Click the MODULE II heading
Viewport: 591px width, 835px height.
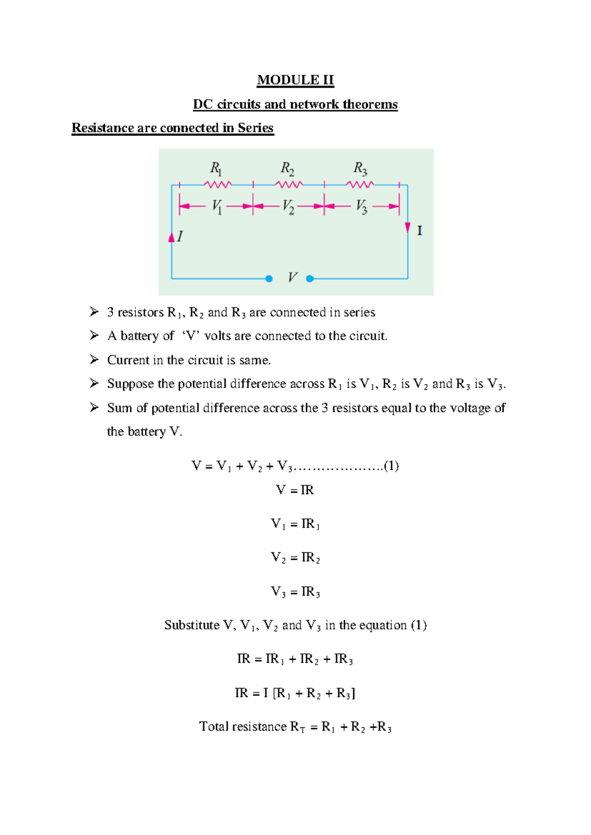click(295, 80)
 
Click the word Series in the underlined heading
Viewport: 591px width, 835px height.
click(255, 128)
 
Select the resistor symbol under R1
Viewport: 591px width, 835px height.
click(217, 185)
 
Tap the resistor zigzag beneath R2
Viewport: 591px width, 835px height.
click(289, 185)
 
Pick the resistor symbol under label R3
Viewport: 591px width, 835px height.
click(360, 185)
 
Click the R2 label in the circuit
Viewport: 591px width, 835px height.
click(288, 169)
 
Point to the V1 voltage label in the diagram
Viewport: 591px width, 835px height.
click(217, 206)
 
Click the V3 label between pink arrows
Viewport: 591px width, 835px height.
click(361, 206)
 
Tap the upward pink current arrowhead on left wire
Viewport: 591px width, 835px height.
click(171, 238)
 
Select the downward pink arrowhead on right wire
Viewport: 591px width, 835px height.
click(408, 227)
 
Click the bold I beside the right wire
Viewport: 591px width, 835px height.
click(420, 231)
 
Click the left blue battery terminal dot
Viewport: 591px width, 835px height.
click(269, 279)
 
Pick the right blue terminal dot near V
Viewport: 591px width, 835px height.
click(310, 279)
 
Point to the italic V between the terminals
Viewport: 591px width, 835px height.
click(292, 278)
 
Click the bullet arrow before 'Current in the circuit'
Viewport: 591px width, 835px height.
click(94, 360)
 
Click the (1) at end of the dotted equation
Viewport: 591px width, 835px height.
click(391, 466)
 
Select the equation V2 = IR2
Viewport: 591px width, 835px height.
click(295, 558)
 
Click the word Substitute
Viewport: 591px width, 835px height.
click(192, 625)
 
